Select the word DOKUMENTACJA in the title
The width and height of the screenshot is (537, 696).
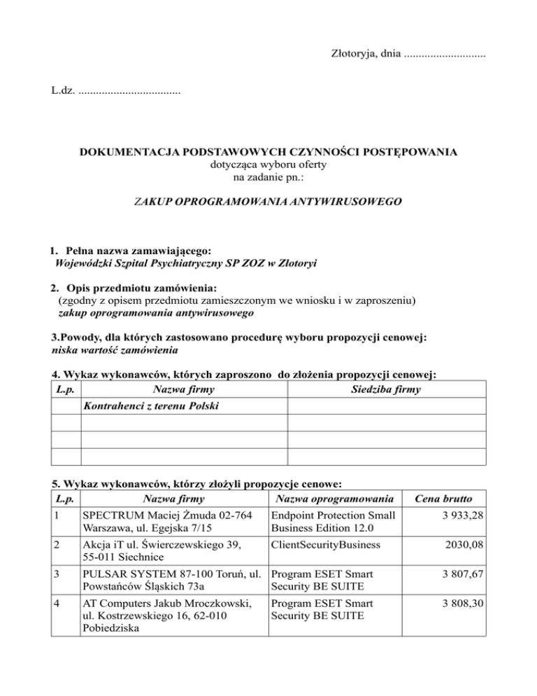(124, 151)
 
